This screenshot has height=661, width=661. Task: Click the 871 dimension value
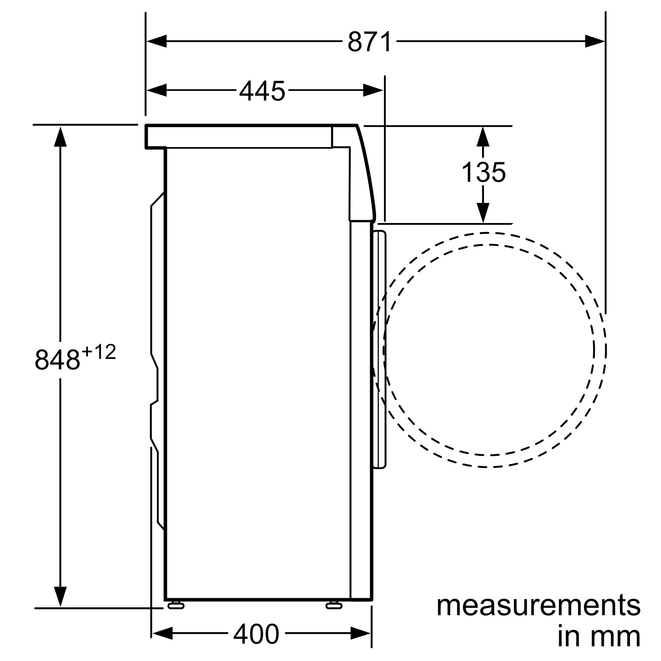tap(369, 42)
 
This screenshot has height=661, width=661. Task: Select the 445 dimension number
tap(262, 91)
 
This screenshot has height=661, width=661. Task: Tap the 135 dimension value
tap(484, 172)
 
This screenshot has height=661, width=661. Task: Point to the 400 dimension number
tap(256, 635)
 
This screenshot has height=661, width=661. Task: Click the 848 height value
tap(58, 359)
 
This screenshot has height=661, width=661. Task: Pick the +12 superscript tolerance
tap(99, 352)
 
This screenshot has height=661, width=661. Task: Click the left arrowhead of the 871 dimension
tap(157, 41)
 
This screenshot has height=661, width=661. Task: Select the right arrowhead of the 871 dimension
tap(595, 41)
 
